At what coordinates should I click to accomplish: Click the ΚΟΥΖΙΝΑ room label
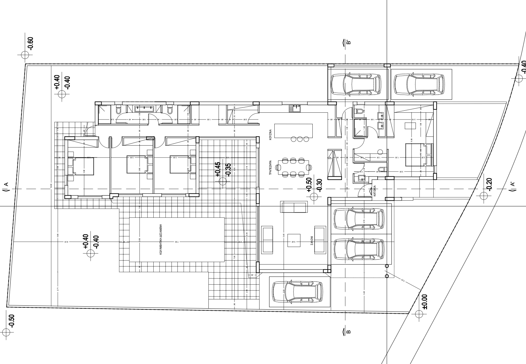(270, 135)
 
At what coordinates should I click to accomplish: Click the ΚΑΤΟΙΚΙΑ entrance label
(375, 191)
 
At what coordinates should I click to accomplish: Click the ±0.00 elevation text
(425, 301)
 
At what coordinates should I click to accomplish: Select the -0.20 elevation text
(489, 184)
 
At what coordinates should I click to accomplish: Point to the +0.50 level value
(309, 185)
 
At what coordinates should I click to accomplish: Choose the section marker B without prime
(348, 331)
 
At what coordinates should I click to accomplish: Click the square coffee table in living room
(294, 243)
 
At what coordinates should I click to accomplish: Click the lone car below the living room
(296, 292)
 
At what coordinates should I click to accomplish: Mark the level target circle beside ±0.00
(419, 314)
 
